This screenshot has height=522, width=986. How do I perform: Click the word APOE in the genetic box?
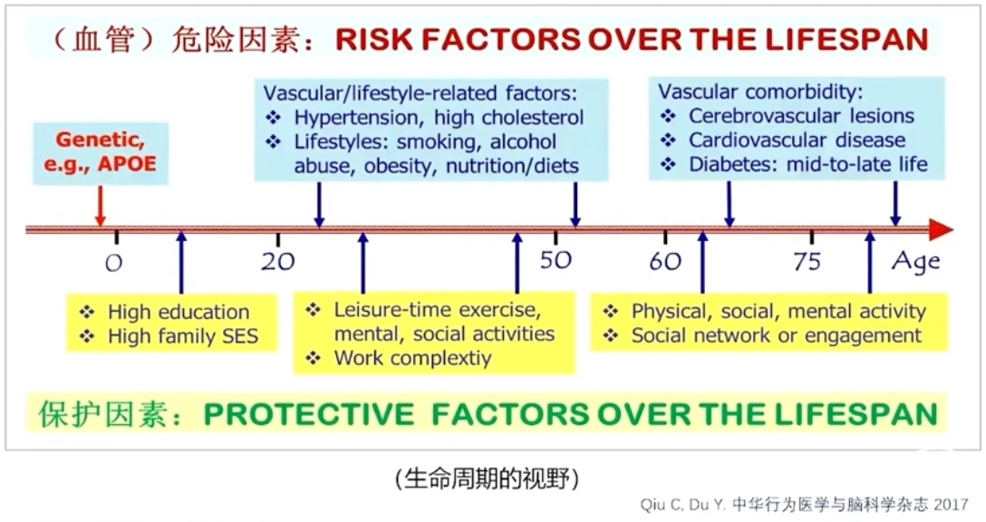point(126,163)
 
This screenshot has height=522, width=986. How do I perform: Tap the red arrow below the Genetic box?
point(100,206)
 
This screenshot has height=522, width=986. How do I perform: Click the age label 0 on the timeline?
point(113,262)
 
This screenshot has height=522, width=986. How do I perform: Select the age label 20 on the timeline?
point(278,261)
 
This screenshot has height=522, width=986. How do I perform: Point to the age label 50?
point(556,260)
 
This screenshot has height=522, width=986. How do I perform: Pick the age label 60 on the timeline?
point(665,260)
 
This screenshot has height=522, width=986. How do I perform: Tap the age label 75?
point(807,260)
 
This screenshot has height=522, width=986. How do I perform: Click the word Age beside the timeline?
point(915,262)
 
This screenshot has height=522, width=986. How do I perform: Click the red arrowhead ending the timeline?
point(942,229)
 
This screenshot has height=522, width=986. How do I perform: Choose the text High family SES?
point(183,336)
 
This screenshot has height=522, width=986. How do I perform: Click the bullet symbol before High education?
point(87,312)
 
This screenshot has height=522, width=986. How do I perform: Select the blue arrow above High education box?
point(182,262)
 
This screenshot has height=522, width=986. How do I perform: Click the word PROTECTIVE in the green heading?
point(309,414)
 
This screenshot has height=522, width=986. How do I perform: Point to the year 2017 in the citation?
point(951,505)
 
